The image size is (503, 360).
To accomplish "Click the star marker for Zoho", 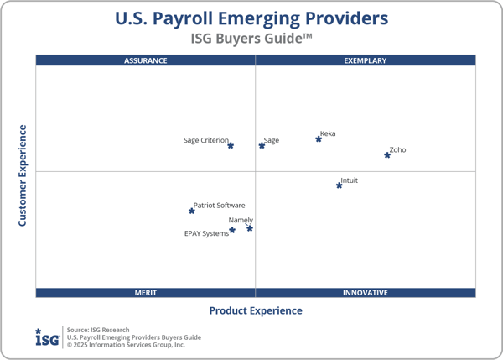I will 387,155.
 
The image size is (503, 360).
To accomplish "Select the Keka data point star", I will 319,138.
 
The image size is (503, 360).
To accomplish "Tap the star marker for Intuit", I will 340,185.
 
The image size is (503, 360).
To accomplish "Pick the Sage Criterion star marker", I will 231,145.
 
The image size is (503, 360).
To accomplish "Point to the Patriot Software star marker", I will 192,211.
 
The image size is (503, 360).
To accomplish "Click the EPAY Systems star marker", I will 232,230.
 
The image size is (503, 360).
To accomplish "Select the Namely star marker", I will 250,228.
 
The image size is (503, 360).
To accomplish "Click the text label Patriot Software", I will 220,205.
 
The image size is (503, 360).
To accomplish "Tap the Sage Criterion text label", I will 205,140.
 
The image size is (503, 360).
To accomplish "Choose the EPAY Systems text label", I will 206,233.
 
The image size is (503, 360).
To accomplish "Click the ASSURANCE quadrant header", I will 146,60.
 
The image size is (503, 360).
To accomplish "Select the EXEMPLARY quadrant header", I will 366,60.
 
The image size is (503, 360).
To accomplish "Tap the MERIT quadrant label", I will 146,293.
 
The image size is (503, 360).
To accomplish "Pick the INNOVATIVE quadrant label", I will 366,293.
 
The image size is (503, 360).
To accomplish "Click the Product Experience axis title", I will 256,310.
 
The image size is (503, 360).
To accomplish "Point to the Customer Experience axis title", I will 23,175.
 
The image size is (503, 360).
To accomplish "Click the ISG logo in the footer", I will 46,337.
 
